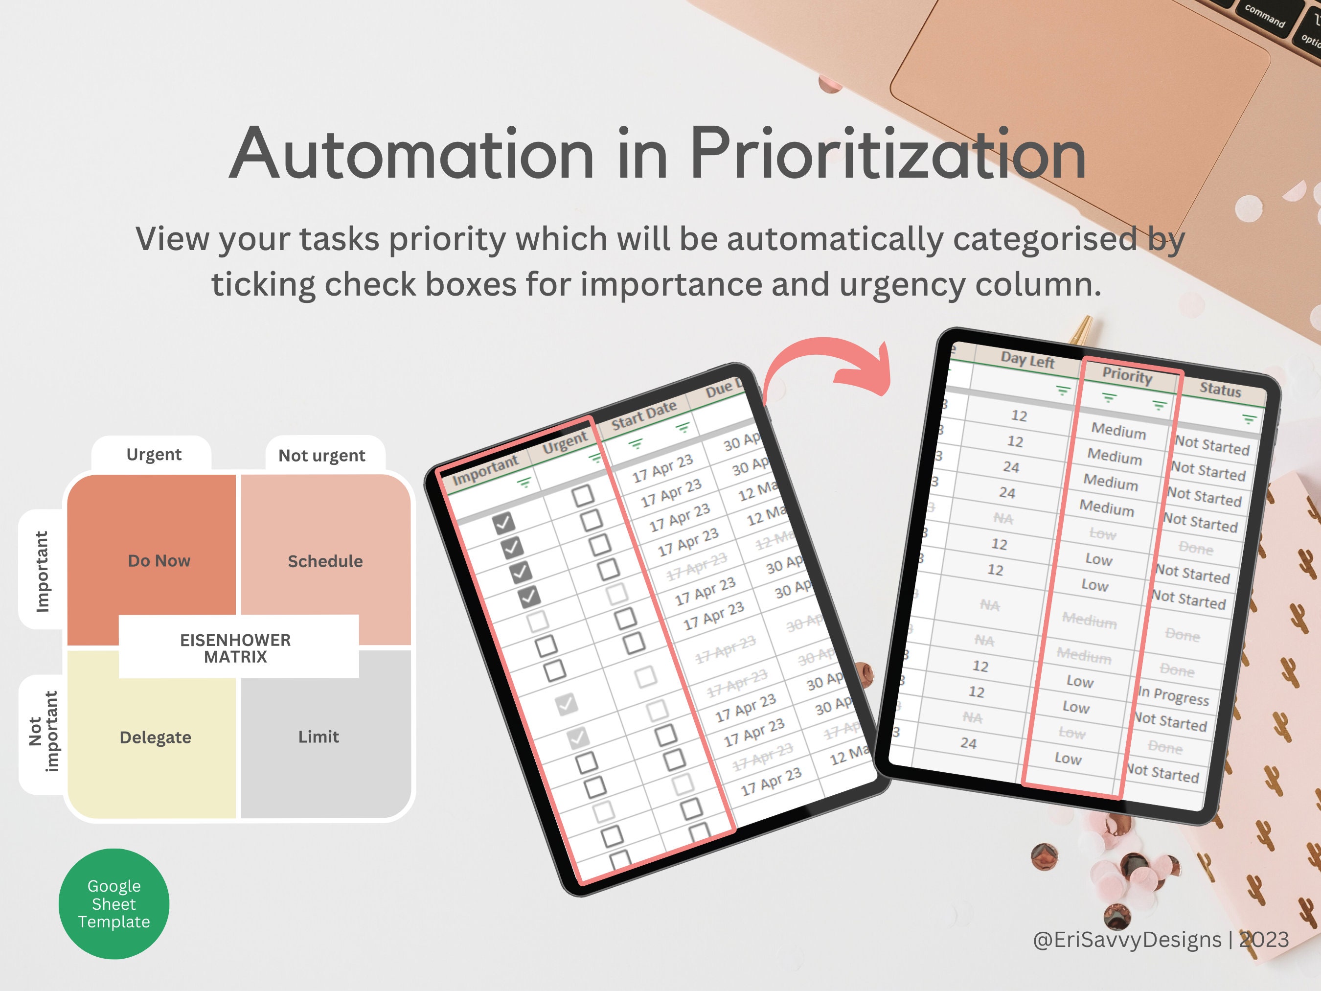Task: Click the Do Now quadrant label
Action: [159, 561]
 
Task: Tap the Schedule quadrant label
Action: [325, 561]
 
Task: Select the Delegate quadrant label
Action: [155, 737]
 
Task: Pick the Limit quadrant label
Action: [319, 737]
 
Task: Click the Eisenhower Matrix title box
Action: [236, 648]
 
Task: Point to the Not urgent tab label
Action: [321, 456]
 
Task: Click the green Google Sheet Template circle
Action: [114, 903]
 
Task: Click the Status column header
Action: [1220, 390]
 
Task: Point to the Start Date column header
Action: [644, 415]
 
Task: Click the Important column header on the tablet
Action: [485, 470]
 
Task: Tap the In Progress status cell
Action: [1174, 696]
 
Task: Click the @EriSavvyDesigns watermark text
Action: [1126, 940]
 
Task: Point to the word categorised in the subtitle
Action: [1045, 239]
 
